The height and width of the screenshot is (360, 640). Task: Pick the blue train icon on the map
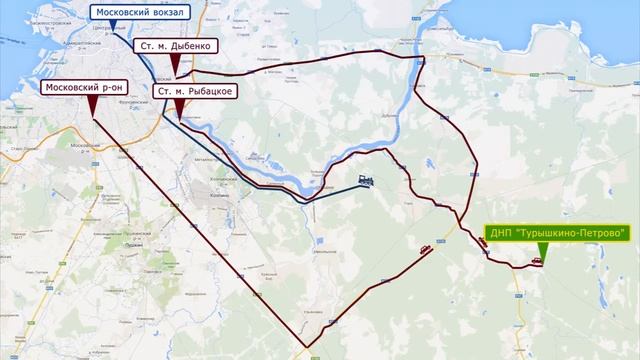[365, 181]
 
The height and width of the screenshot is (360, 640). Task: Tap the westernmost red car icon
[427, 250]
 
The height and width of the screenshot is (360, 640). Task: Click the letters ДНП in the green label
[502, 233]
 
